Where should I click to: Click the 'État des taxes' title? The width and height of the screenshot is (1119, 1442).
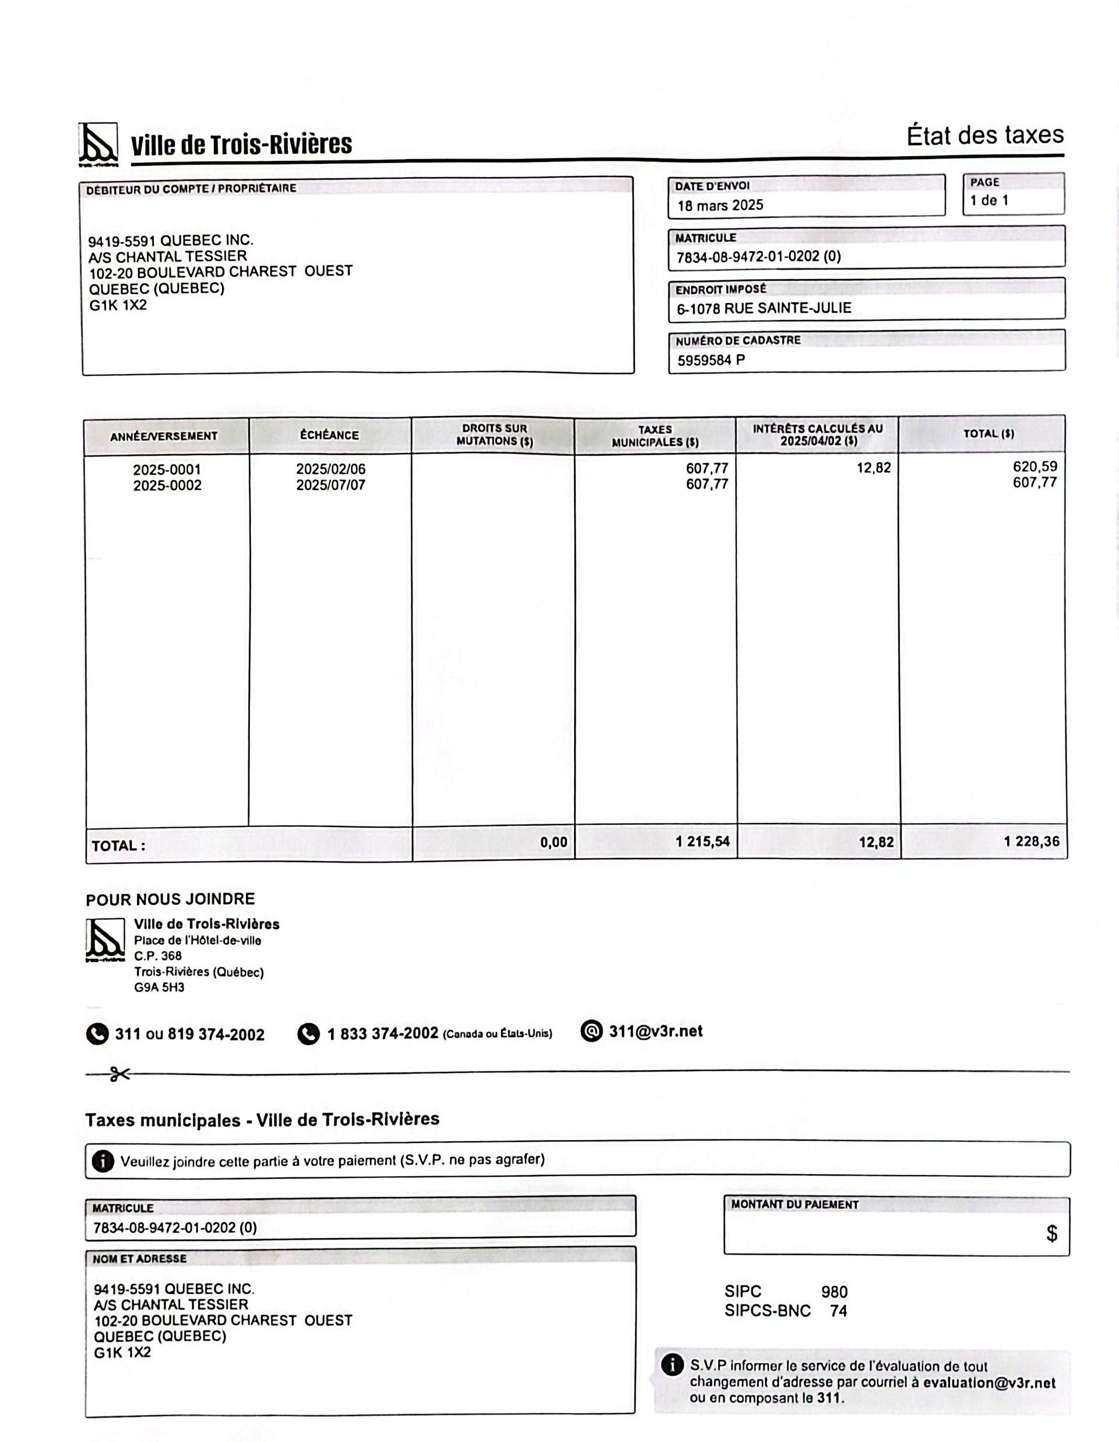click(984, 135)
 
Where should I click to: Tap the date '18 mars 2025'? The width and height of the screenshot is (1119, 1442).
click(720, 205)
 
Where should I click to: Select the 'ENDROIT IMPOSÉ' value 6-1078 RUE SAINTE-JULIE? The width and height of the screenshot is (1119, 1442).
click(764, 308)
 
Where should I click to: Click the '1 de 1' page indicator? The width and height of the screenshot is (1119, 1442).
click(989, 201)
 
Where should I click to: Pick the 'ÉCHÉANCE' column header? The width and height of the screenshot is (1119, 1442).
click(329, 435)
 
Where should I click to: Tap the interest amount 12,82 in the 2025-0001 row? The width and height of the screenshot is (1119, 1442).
click(874, 468)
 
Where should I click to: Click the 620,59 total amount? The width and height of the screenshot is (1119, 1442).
click(1034, 467)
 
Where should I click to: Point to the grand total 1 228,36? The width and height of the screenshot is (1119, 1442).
click(1031, 841)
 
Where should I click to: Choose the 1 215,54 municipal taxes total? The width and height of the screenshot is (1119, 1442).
click(702, 841)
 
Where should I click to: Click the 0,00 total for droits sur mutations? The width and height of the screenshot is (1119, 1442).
click(553, 842)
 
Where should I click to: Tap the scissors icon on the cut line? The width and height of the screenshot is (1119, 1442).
click(119, 1074)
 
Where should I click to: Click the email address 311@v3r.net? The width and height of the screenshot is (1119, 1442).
click(655, 1031)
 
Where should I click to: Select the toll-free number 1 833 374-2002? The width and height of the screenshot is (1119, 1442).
click(382, 1033)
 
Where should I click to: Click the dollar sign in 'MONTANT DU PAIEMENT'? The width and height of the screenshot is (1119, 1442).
click(1051, 1233)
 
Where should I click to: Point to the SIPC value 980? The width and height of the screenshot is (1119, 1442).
click(834, 1292)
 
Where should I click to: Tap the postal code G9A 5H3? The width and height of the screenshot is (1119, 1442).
click(159, 988)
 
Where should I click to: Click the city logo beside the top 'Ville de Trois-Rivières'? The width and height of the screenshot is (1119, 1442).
click(98, 143)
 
